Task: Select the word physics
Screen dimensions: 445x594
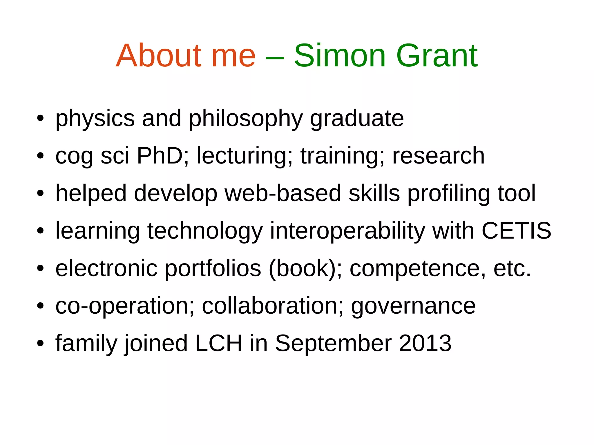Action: (x=95, y=119)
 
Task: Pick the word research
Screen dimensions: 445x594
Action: (x=438, y=156)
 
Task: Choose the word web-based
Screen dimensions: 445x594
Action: (x=283, y=193)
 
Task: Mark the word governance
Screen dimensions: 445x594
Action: (x=413, y=306)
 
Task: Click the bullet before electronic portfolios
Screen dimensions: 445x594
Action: (x=40, y=268)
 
